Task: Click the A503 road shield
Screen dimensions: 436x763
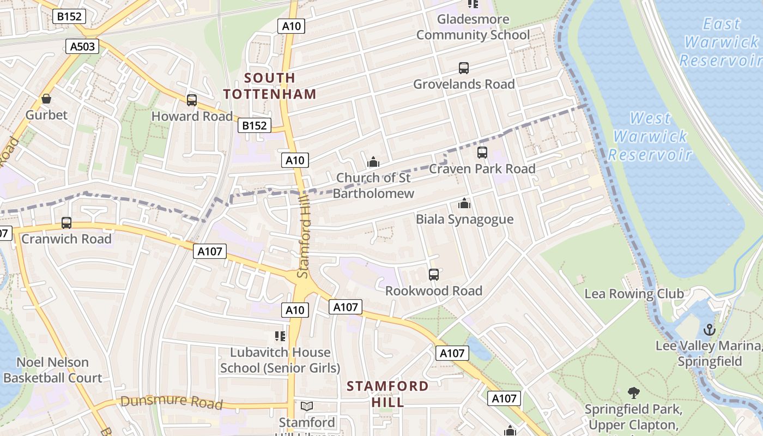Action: point(83,46)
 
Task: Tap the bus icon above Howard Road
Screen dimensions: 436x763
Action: point(191,100)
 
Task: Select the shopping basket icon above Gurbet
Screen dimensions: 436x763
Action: point(46,99)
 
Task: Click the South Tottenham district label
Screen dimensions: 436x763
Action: point(270,86)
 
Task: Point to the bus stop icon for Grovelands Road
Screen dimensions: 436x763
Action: point(463,68)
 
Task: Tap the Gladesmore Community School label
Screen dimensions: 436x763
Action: point(473,27)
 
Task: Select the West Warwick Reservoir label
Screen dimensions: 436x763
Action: point(650,136)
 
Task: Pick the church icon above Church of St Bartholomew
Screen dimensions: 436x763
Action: point(373,162)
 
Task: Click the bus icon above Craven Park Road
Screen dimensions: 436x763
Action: point(482,153)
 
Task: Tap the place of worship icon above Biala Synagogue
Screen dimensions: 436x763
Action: point(464,203)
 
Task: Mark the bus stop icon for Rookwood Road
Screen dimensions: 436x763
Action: point(434,275)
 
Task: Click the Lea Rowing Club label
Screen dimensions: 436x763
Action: point(634,294)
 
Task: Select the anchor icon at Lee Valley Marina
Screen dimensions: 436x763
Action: point(709,330)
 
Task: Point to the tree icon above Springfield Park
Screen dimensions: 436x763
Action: point(633,392)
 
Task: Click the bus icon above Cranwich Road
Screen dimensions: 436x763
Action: point(66,223)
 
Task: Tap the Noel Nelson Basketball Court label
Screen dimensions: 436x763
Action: point(52,370)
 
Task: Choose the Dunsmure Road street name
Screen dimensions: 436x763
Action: point(172,402)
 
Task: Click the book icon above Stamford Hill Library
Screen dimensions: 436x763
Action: point(307,407)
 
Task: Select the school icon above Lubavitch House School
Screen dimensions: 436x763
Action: point(280,336)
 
